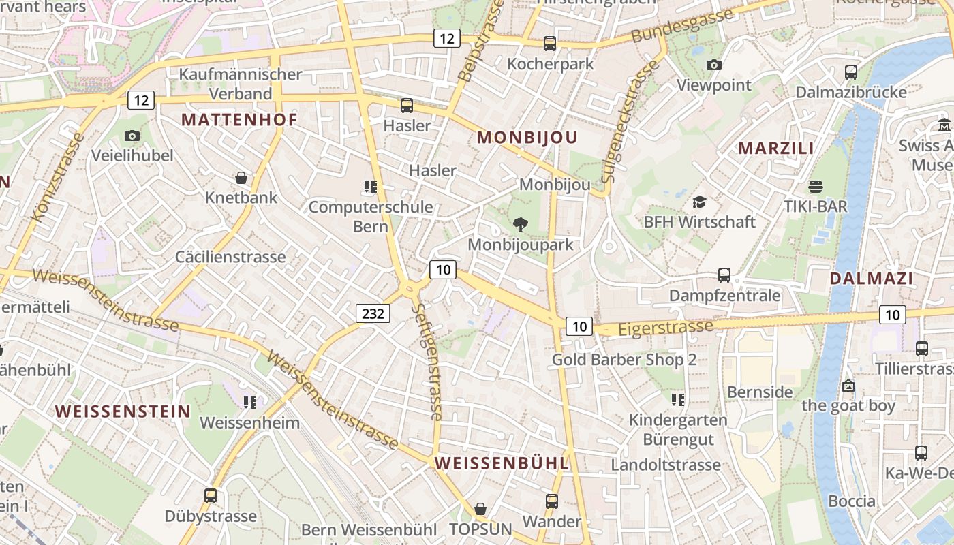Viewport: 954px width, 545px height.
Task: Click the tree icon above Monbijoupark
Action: tap(521, 224)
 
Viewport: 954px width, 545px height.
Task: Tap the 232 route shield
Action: tap(373, 313)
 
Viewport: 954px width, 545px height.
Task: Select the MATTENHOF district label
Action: tap(239, 120)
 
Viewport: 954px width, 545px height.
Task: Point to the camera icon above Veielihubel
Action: tap(132, 136)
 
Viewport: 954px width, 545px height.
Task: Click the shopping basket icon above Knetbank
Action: tap(241, 178)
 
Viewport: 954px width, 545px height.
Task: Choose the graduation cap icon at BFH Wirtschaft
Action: tap(699, 202)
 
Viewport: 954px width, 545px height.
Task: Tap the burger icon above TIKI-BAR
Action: tap(815, 186)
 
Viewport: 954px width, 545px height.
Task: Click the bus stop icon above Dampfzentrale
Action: tap(724, 275)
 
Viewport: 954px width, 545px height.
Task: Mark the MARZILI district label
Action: tap(776, 148)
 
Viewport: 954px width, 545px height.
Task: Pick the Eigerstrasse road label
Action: tap(665, 328)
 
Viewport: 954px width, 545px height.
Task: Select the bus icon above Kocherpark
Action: tap(550, 44)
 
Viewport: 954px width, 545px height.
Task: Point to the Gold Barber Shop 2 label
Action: tap(624, 360)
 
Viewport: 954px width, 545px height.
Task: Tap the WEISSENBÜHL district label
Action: tap(501, 463)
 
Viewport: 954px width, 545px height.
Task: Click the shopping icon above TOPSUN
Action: tap(480, 509)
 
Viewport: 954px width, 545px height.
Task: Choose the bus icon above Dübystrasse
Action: tap(211, 495)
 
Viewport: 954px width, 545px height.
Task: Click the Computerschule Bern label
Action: tap(371, 216)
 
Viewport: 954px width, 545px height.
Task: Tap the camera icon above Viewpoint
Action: tap(713, 65)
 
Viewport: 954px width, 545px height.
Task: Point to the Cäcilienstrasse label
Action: tap(230, 257)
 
